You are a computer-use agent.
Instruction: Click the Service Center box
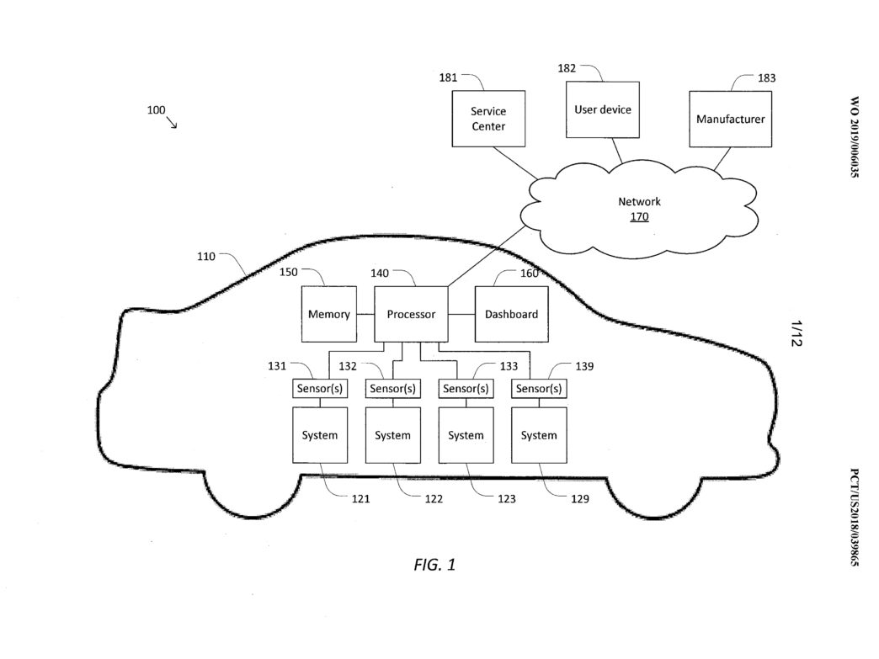point(488,119)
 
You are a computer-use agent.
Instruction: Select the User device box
point(603,109)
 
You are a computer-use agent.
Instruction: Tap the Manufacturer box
point(731,120)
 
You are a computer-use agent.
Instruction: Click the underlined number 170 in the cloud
point(639,217)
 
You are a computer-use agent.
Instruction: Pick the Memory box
point(329,315)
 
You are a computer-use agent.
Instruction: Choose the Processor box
point(411,315)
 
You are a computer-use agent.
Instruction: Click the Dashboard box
point(511,315)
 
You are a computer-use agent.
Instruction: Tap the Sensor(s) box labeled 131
point(320,389)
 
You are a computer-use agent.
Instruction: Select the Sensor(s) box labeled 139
point(539,389)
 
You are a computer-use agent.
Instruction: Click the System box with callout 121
point(320,435)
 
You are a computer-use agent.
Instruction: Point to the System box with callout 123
point(466,435)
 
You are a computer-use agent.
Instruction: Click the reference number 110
point(205,257)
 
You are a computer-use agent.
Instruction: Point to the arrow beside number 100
point(172,122)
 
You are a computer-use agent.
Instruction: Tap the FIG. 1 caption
point(434,564)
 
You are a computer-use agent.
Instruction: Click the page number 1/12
point(796,333)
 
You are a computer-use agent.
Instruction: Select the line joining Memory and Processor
point(365,315)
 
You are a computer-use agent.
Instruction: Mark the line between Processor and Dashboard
point(461,315)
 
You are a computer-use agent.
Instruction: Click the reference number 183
point(766,78)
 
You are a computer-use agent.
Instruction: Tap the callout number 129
point(579,499)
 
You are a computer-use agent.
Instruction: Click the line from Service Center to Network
point(516,163)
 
